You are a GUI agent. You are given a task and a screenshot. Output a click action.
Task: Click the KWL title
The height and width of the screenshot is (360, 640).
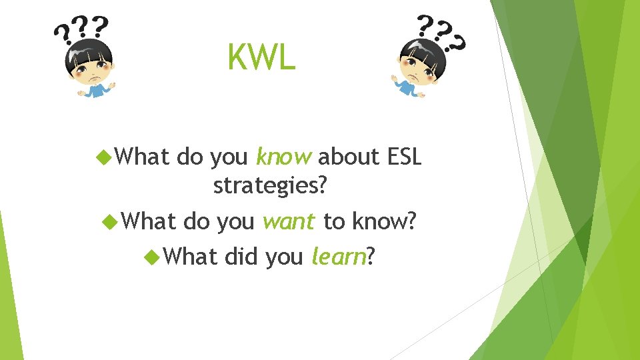click(x=261, y=57)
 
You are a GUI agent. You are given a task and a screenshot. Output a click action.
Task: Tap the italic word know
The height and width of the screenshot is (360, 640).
click(x=283, y=157)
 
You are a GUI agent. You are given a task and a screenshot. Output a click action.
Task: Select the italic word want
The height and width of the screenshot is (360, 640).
click(x=289, y=221)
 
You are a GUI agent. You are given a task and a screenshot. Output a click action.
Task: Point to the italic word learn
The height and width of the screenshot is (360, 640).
click(x=338, y=256)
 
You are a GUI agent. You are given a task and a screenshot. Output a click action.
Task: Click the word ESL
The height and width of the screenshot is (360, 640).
click(x=404, y=157)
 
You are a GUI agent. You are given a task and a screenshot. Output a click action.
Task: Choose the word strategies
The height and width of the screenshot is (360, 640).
click(x=270, y=187)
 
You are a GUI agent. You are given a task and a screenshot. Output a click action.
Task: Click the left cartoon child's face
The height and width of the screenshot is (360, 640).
click(x=91, y=66)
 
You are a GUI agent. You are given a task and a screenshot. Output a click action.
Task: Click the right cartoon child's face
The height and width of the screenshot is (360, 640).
click(x=417, y=66)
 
